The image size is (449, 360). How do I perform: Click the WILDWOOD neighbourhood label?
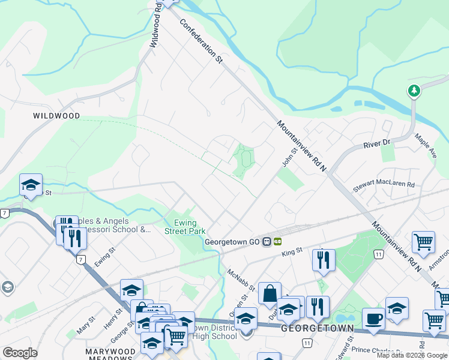coord(56,115)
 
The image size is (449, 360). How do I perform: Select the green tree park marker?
coord(414,91)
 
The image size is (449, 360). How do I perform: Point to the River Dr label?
coord(377,145)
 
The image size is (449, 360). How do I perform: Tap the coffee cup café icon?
coord(373,318)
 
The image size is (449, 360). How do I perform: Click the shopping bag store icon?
coord(270,294)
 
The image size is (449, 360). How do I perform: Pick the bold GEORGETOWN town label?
coord(312,329)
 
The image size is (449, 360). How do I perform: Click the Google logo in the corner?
coord(20,353)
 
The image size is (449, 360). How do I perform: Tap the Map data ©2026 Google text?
coord(412,355)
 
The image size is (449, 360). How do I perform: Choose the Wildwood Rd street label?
coord(155,24)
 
